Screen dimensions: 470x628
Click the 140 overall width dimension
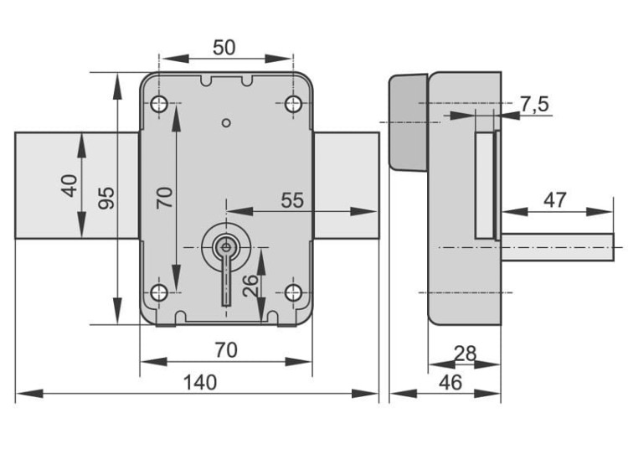click(x=199, y=382)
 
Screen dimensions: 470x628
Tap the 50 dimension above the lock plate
click(x=224, y=47)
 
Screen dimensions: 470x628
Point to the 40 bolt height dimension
click(x=69, y=184)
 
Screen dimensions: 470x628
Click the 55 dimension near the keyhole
click(x=291, y=200)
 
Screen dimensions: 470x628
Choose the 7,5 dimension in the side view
click(x=534, y=104)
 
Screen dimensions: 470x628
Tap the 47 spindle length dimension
click(x=554, y=199)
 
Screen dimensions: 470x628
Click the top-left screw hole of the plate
click(x=159, y=104)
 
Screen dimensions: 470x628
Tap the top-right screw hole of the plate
click(x=292, y=104)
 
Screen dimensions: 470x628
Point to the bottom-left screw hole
click(x=159, y=292)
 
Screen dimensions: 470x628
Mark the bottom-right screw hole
click(x=292, y=292)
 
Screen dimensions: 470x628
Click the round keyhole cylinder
click(x=225, y=246)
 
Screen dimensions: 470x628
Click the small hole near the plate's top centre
click(x=225, y=124)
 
